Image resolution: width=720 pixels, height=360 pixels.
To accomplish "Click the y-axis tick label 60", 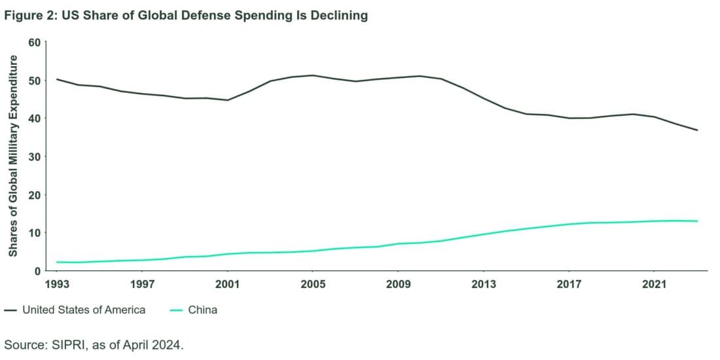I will [x=34, y=43].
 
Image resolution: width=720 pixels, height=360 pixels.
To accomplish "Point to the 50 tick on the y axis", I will [x=34, y=81].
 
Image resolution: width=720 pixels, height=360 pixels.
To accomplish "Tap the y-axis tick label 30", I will [x=34, y=156].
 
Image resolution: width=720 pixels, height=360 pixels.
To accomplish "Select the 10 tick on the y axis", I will [x=34, y=233].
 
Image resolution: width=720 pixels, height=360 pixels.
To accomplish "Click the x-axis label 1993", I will [x=57, y=284].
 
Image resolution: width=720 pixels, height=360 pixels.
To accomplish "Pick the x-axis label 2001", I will [x=227, y=284].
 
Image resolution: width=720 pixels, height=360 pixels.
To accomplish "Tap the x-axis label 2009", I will [x=397, y=284].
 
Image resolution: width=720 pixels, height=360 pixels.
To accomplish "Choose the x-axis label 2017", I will [x=568, y=284].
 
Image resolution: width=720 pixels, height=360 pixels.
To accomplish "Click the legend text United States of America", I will [x=84, y=310].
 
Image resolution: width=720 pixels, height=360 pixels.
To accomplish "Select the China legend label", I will [x=202, y=310].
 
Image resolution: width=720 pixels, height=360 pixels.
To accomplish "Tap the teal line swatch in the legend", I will [x=176, y=310].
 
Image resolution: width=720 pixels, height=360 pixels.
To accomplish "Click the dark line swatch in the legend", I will [x=10, y=310].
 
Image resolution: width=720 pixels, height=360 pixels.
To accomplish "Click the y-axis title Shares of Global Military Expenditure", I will [x=13, y=156].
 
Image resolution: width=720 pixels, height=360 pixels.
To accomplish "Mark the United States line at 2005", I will [x=312, y=75].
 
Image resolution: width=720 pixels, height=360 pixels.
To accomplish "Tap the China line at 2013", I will [x=483, y=234].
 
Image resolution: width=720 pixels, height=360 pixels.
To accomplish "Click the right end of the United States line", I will [x=697, y=130].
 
